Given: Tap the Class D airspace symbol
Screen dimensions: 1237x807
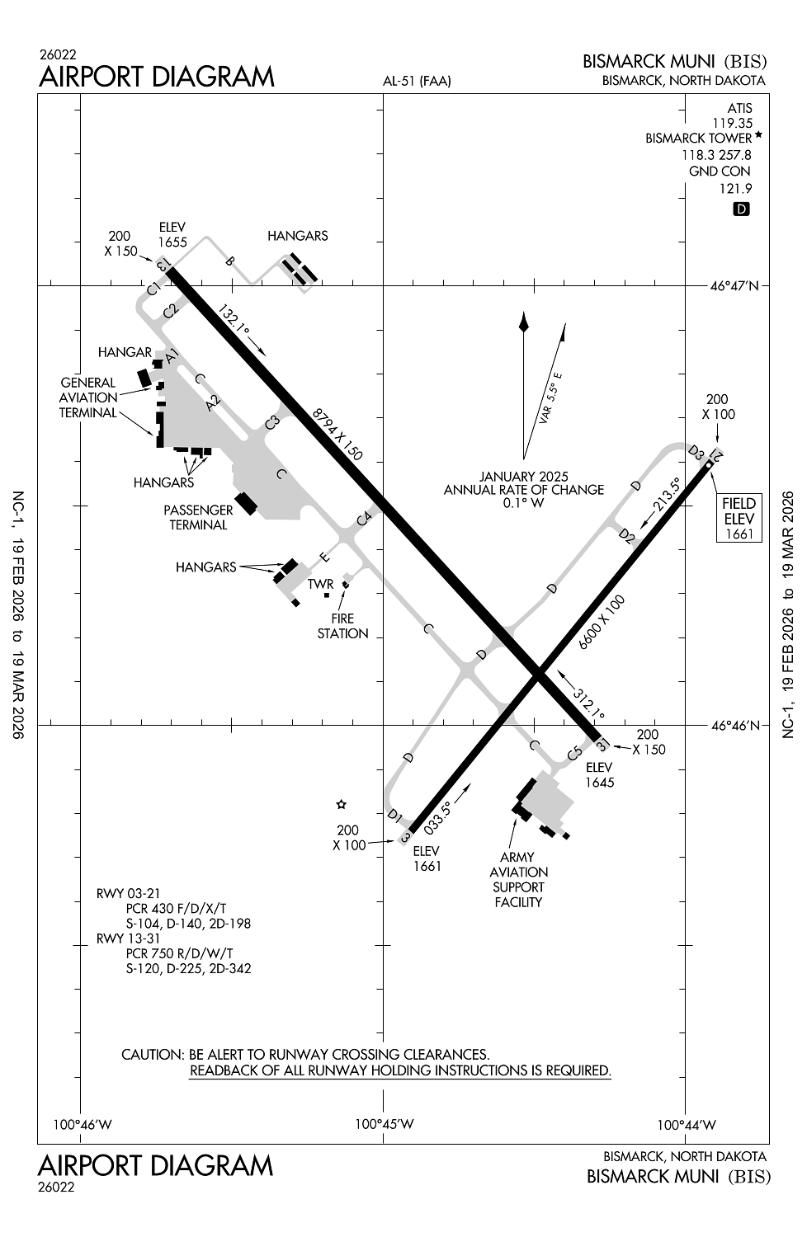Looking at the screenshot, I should (x=741, y=209).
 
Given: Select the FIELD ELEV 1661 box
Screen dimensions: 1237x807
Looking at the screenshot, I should (x=739, y=519).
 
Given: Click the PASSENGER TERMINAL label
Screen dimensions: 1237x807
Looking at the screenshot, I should (x=198, y=517).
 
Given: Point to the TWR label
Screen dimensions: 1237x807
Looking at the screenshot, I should (x=320, y=584).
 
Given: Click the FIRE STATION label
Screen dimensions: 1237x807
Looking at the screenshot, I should (x=342, y=625).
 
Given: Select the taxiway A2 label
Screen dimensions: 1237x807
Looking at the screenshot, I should (x=214, y=403).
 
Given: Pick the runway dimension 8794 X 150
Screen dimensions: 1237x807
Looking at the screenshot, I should (x=337, y=434).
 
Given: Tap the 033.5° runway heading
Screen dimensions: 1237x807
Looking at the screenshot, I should (x=438, y=818).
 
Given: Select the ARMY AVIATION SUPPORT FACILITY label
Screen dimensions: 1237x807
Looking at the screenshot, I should (x=518, y=879).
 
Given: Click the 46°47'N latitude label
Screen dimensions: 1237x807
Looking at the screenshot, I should (x=734, y=286).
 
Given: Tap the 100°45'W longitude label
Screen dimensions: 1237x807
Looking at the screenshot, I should (x=384, y=1124).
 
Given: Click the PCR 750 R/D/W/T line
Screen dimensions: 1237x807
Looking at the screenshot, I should (x=180, y=953).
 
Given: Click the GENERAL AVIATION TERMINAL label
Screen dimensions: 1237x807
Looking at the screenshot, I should (x=88, y=397).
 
